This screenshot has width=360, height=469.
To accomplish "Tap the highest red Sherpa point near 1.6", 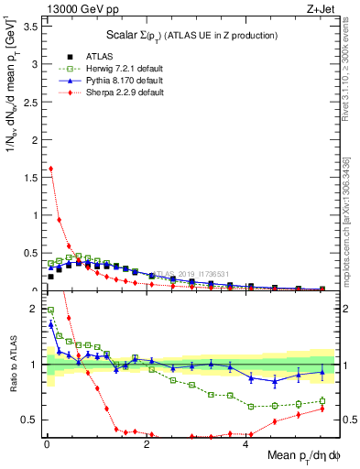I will pyautogui.click(x=50, y=169).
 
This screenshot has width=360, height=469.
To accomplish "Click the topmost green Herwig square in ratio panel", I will pyautogui.click(x=50, y=310).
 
